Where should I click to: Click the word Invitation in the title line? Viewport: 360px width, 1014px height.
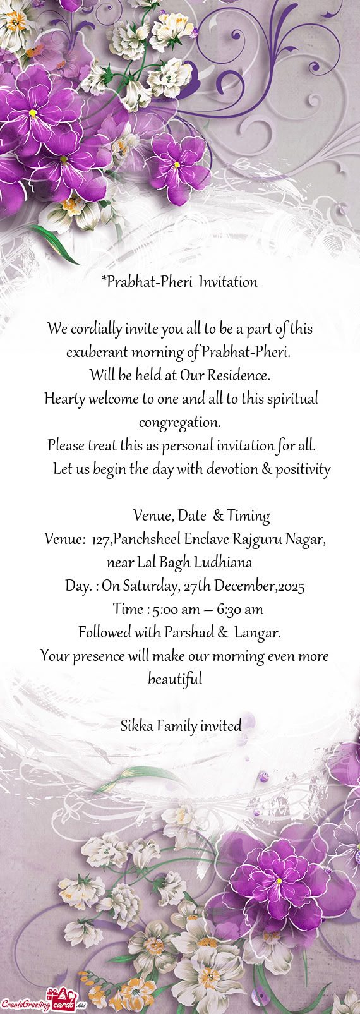coord(228,282)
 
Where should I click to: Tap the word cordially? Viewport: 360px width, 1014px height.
coord(96,329)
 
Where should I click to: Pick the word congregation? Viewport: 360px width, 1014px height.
coord(179,422)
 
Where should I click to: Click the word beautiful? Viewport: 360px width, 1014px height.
coord(175,680)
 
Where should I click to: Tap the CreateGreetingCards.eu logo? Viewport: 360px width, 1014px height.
coord(43,1002)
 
